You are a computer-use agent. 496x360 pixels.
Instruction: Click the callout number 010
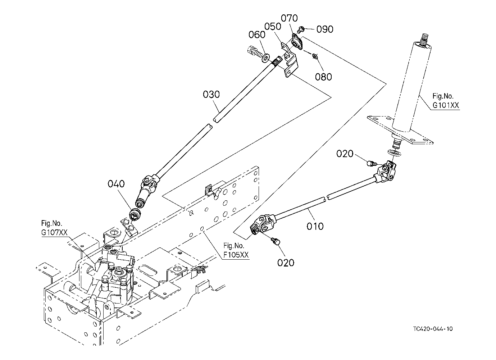(315, 226)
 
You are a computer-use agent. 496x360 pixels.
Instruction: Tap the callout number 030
(211, 95)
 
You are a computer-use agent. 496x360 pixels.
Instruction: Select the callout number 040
(116, 184)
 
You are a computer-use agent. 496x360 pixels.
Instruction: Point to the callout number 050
(273, 27)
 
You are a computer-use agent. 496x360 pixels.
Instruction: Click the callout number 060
(257, 35)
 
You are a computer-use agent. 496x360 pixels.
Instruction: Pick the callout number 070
(289, 18)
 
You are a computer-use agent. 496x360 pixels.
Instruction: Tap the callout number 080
(323, 77)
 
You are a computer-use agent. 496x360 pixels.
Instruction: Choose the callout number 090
(325, 29)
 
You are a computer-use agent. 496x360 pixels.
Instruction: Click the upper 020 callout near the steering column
(345, 154)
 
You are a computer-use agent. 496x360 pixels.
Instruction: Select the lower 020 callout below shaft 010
(286, 263)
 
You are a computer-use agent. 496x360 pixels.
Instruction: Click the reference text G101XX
(446, 105)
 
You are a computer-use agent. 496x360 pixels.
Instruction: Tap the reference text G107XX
(54, 233)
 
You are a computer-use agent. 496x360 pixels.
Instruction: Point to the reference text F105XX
(236, 255)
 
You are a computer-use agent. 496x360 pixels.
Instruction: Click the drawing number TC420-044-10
(433, 329)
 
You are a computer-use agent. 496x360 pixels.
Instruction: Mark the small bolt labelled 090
(302, 29)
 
